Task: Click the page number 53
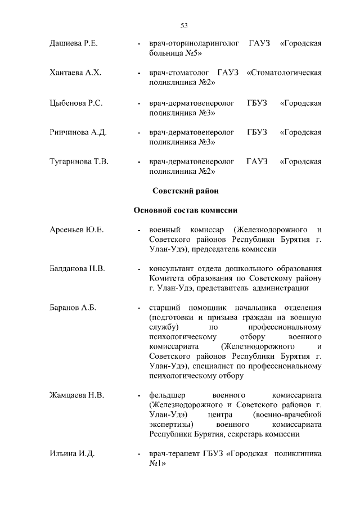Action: point(183,25)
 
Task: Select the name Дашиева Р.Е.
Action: point(74,43)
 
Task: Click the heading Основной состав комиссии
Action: point(185,210)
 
